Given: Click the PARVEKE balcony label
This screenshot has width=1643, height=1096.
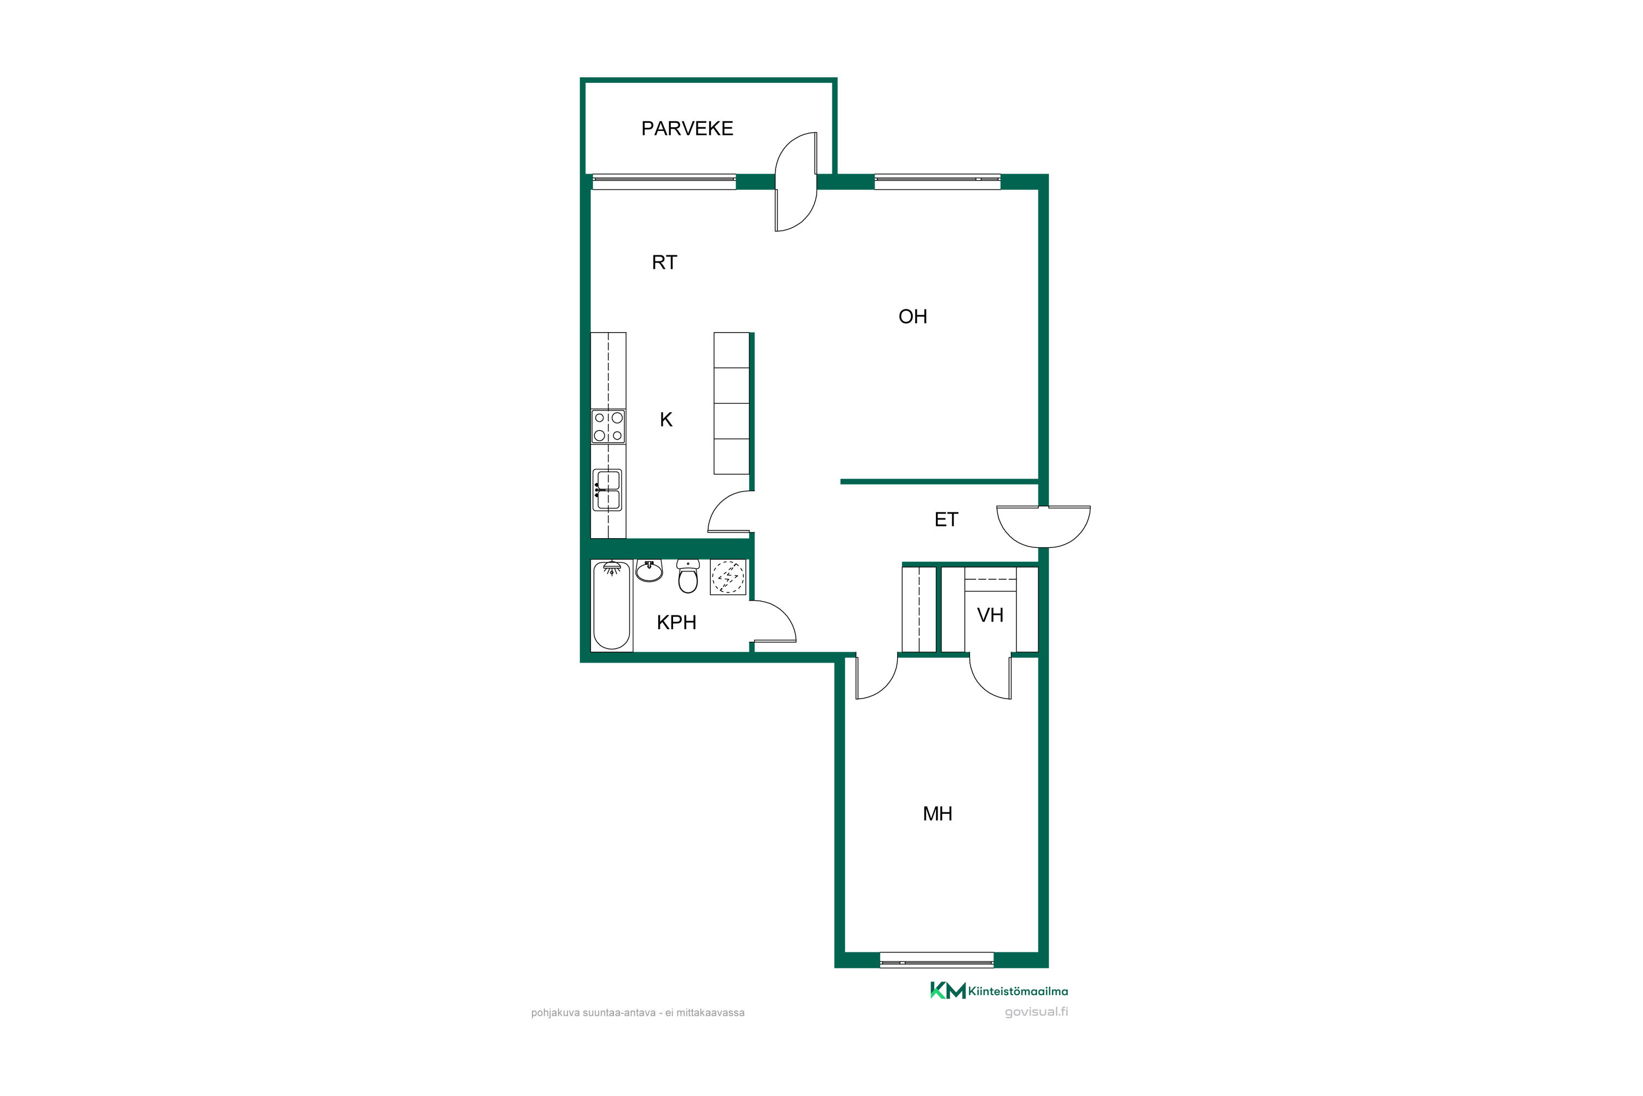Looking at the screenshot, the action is pyautogui.click(x=687, y=129).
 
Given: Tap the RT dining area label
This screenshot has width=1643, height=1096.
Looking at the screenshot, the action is pyautogui.click(x=664, y=262).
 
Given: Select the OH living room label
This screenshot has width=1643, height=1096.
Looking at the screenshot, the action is pyautogui.click(x=912, y=317).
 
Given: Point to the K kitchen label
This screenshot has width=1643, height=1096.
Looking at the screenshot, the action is pyautogui.click(x=666, y=419).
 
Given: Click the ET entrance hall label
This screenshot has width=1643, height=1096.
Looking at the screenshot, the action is pyautogui.click(x=946, y=520).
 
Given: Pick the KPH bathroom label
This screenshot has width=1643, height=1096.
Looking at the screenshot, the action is pyautogui.click(x=676, y=622).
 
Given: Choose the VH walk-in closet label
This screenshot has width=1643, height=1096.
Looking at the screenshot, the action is pyautogui.click(x=990, y=615).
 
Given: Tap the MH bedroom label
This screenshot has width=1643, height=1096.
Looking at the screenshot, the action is pyautogui.click(x=938, y=814).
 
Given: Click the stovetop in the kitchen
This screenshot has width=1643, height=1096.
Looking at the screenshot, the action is pyautogui.click(x=608, y=427).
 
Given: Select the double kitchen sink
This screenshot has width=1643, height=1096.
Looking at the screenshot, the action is pyautogui.click(x=607, y=490).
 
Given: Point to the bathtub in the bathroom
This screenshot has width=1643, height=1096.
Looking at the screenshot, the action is pyautogui.click(x=611, y=606).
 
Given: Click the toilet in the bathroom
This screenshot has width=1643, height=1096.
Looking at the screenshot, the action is pyautogui.click(x=688, y=576).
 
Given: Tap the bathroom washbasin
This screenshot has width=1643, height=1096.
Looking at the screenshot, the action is pyautogui.click(x=649, y=571).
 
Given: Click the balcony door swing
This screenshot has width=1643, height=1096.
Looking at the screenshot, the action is pyautogui.click(x=796, y=182).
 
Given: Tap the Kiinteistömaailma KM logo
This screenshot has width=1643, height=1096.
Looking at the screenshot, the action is pyautogui.click(x=998, y=990).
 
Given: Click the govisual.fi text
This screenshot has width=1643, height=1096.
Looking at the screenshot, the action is pyautogui.click(x=1036, y=1012).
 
